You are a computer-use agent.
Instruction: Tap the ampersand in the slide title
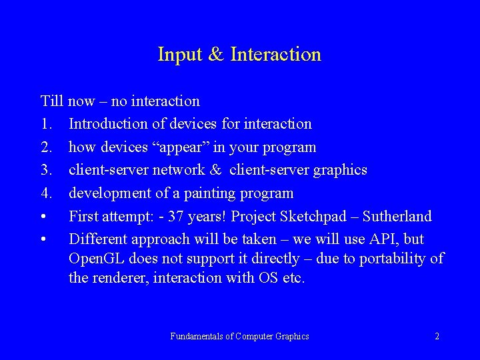[x=216, y=54]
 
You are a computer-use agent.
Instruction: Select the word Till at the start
[x=51, y=101]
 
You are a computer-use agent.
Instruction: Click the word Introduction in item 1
[x=110, y=124]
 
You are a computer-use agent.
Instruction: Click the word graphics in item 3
[x=338, y=170]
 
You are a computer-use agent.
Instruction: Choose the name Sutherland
[x=398, y=216]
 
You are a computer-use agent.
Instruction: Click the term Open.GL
[x=98, y=259]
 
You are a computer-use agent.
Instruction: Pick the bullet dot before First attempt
[x=43, y=217]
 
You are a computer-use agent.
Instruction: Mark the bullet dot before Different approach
[x=43, y=239]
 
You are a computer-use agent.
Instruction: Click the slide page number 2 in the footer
[x=437, y=337]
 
